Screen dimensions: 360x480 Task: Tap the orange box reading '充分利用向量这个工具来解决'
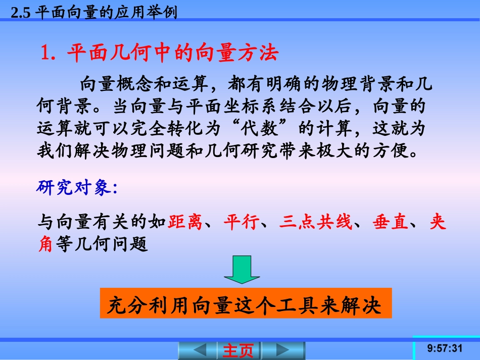[x=246, y=303]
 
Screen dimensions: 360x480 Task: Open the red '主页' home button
[x=238, y=350]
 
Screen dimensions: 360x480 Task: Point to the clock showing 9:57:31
[x=445, y=348]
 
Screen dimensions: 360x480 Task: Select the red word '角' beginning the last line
[x=45, y=244]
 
